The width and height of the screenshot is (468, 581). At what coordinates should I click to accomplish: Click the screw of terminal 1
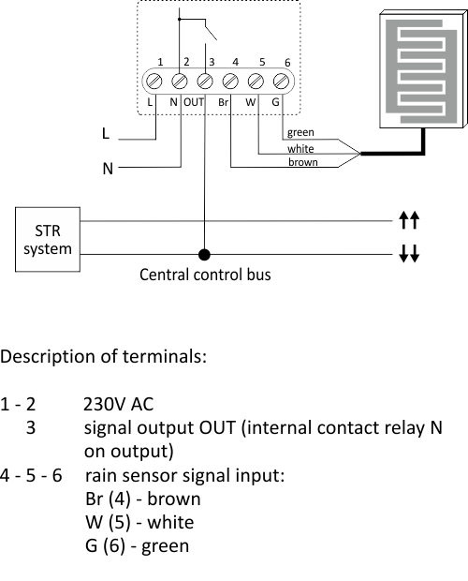click(x=154, y=82)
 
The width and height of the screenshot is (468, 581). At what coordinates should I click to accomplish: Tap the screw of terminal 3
click(x=205, y=82)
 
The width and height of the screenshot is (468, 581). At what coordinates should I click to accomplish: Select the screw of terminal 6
click(x=281, y=82)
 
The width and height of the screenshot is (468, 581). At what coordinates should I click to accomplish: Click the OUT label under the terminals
click(x=194, y=102)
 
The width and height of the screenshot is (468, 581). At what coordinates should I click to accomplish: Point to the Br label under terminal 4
click(x=223, y=102)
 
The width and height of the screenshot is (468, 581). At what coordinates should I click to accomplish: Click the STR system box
click(x=48, y=240)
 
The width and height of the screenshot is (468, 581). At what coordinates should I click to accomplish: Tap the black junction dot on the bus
click(x=204, y=255)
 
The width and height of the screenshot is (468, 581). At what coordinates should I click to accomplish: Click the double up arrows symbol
click(x=409, y=220)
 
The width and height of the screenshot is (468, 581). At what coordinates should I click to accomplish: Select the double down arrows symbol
click(x=409, y=253)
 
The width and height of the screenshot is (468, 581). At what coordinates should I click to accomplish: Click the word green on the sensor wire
click(x=300, y=133)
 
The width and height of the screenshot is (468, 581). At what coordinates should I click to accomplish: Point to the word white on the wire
click(x=300, y=149)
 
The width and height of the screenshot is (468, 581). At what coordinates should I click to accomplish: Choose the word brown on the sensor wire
click(x=303, y=162)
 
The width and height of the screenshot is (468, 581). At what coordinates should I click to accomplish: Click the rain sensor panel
click(x=424, y=69)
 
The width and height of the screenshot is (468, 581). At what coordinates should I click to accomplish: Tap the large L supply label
click(x=106, y=133)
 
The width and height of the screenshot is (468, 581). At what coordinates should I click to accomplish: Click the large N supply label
click(x=108, y=169)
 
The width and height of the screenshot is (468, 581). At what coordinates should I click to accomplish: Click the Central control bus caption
click(x=205, y=275)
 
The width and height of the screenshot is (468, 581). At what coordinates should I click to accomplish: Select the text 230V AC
click(x=118, y=404)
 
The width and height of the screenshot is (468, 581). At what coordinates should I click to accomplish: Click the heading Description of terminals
click(x=103, y=356)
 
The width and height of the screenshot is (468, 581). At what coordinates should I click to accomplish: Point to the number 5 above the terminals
click(x=262, y=62)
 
